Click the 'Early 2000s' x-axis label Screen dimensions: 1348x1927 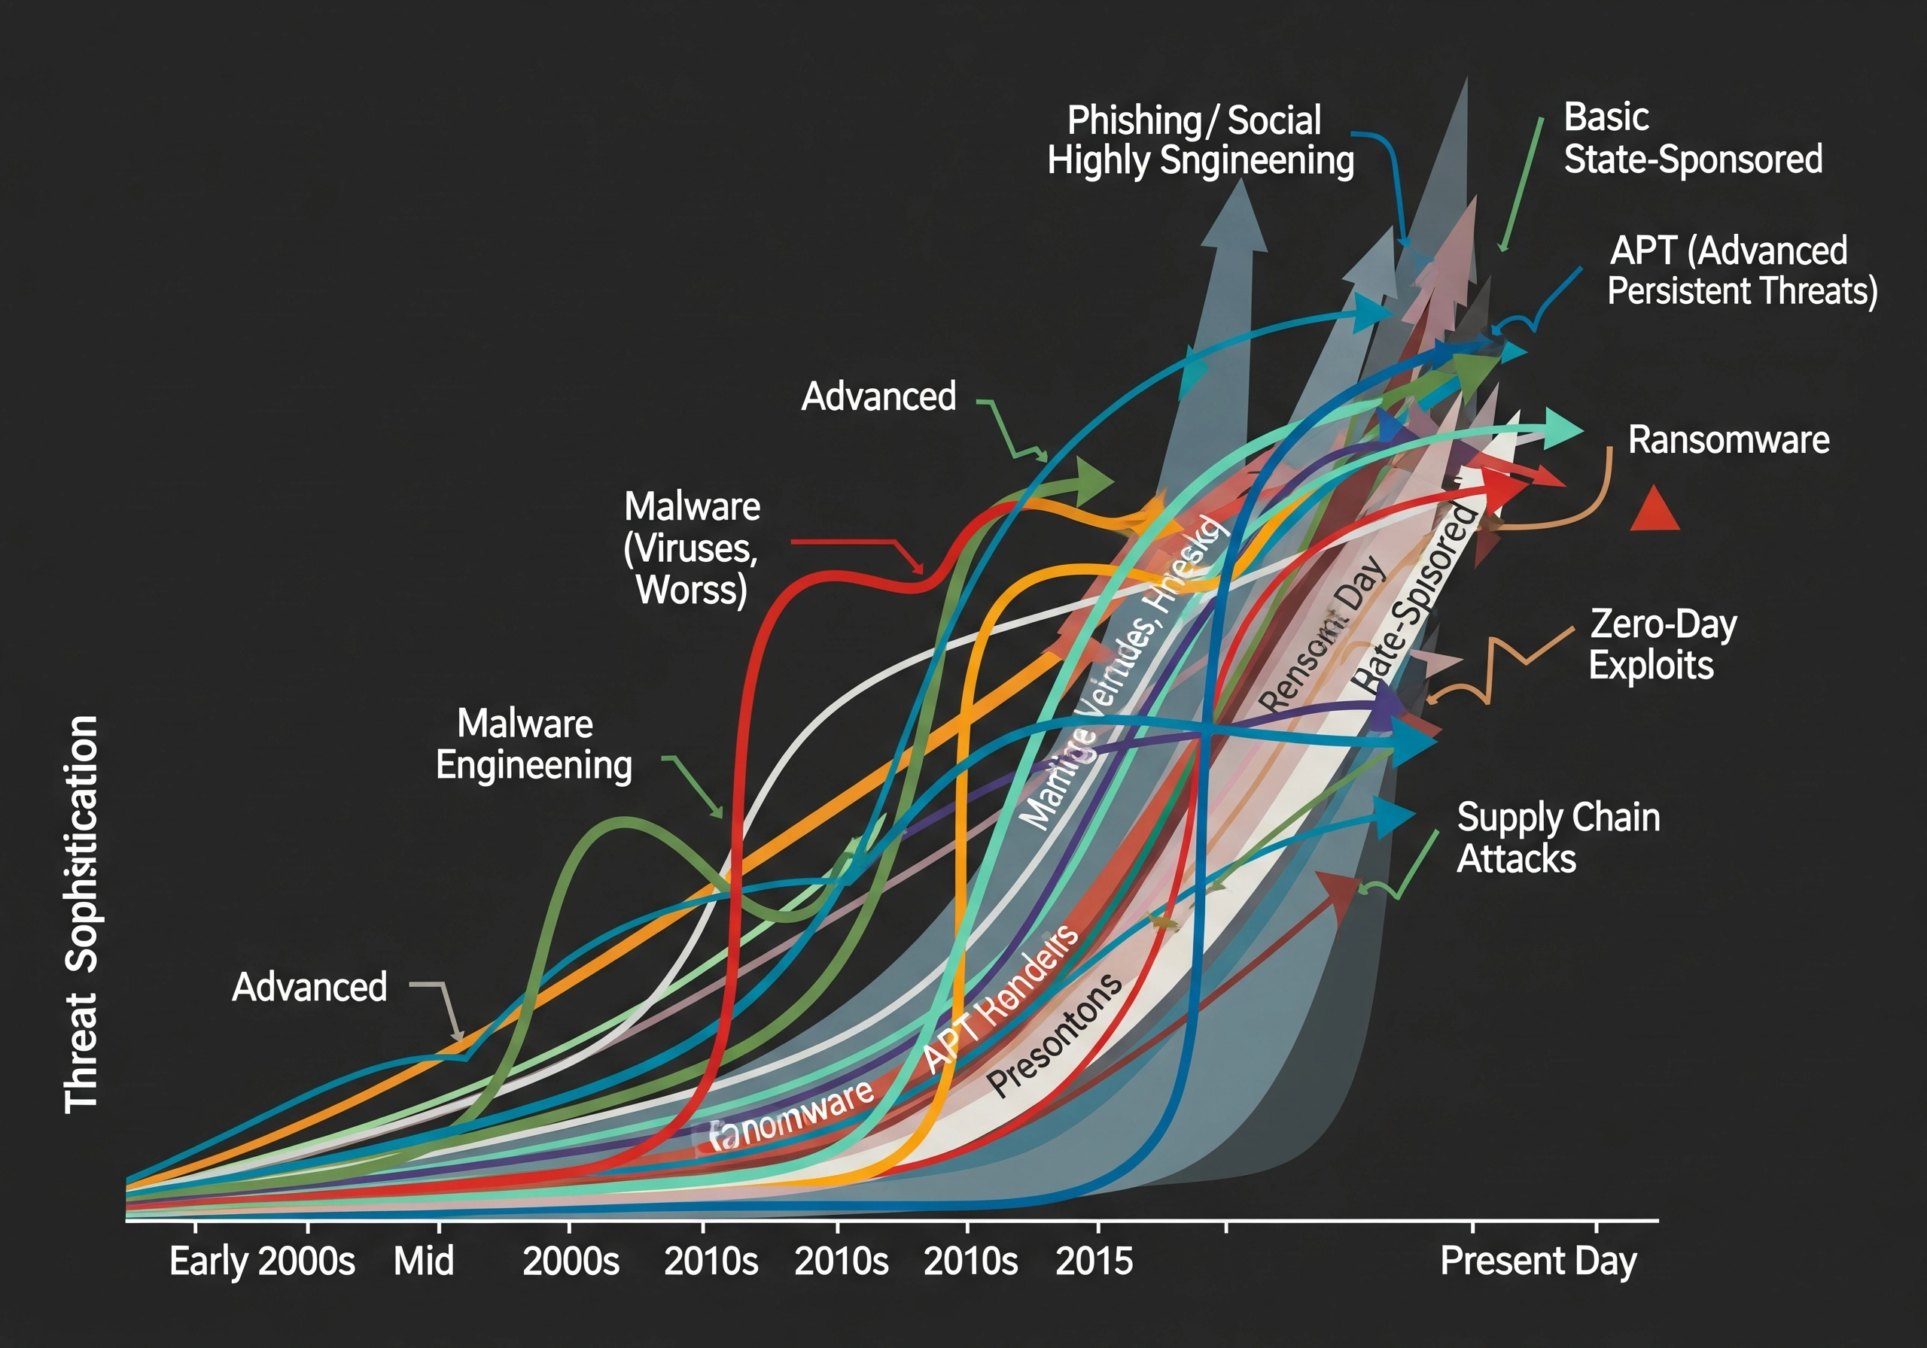pos(262,1261)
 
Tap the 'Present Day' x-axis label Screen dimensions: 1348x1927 pos(1538,1261)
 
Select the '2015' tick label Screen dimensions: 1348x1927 pos(1094,1261)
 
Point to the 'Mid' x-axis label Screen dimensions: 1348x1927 pos(424,1261)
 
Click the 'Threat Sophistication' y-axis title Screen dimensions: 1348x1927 pos(81,914)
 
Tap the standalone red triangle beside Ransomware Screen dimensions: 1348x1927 pos(1654,510)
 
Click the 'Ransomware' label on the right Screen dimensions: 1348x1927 pos(1728,439)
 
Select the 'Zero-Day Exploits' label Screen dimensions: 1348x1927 pos(1662,644)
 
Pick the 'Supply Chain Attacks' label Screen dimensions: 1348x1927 pos(1557,837)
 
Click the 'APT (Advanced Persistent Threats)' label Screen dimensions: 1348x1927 pos(1742,270)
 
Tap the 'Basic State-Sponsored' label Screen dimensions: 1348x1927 pos(1692,138)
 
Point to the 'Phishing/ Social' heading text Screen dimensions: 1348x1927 pos(1194,120)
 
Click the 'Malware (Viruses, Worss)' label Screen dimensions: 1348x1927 pos(692,548)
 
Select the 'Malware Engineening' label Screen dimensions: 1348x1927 pos(533,744)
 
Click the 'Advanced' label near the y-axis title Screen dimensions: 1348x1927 pos(309,986)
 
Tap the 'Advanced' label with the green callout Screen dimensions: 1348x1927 pos(878,396)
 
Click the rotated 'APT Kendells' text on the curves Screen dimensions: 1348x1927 pos(1000,998)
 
